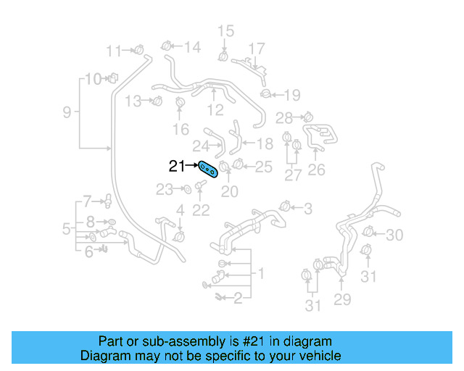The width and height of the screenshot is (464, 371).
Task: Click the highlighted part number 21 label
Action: [x=177, y=166]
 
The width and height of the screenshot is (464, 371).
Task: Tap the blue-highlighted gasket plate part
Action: [x=208, y=170]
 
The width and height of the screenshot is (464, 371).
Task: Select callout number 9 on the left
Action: [x=67, y=112]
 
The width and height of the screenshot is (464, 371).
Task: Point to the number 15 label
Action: [x=226, y=30]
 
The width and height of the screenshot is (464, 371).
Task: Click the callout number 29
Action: [x=341, y=298]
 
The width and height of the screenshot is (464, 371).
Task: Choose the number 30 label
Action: [x=394, y=235]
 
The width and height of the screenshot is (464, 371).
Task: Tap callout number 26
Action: [x=317, y=171]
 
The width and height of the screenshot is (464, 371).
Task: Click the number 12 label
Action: [x=215, y=110]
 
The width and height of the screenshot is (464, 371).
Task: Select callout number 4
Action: [x=181, y=211]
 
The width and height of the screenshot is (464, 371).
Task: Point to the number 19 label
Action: [x=291, y=94]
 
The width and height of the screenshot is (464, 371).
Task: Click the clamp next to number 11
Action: [x=136, y=49]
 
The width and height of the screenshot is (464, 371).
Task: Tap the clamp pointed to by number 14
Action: [x=167, y=46]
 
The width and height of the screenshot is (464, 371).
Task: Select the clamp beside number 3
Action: [x=285, y=208]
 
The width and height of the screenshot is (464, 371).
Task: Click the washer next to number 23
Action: [x=186, y=189]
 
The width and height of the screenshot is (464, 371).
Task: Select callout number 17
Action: [x=257, y=49]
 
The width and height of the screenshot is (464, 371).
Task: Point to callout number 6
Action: [x=88, y=252]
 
